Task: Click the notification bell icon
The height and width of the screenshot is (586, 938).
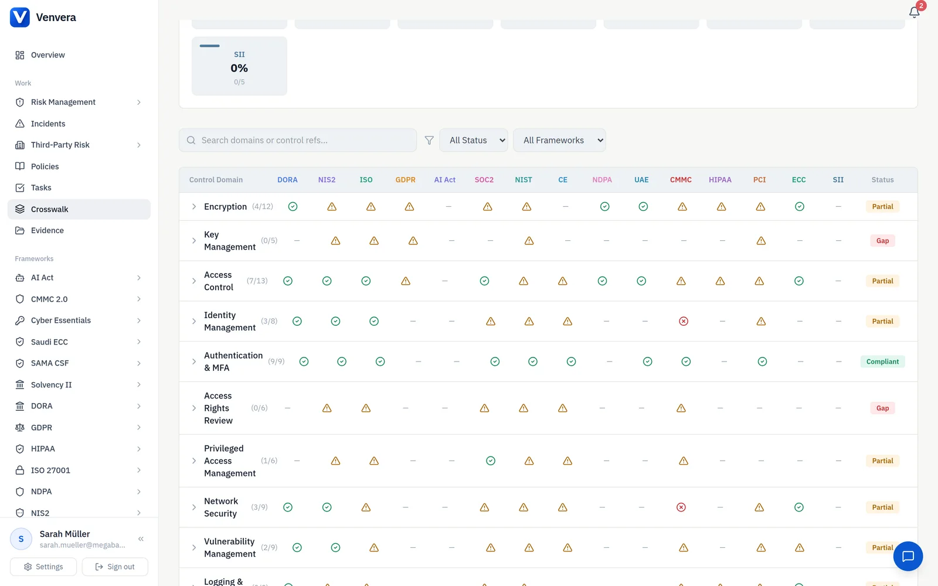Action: (914, 12)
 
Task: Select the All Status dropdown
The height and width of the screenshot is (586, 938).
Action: (474, 140)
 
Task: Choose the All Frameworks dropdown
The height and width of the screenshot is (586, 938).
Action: (559, 140)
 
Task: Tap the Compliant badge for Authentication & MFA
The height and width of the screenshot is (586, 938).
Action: (882, 361)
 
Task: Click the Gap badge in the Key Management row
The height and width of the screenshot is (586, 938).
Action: (882, 241)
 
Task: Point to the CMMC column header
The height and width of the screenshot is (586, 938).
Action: (681, 179)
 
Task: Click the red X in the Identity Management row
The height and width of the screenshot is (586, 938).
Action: (684, 321)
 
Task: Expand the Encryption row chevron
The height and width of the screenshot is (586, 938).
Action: (194, 206)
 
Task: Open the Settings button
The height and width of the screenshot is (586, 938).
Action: (43, 566)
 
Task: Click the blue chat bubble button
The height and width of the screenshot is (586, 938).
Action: (908, 556)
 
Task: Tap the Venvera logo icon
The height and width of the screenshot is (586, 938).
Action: (20, 17)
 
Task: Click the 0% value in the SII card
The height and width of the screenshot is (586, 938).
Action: (239, 68)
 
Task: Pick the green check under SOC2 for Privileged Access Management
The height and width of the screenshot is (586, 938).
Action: (490, 461)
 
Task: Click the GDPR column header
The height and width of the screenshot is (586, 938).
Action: (405, 179)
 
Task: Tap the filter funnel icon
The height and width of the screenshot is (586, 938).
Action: (429, 140)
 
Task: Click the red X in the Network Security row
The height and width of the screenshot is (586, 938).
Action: (681, 507)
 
